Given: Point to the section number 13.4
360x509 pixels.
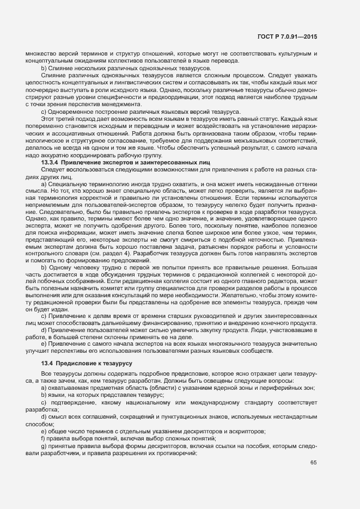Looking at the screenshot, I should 46,363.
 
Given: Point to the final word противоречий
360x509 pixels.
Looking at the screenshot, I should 178,453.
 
